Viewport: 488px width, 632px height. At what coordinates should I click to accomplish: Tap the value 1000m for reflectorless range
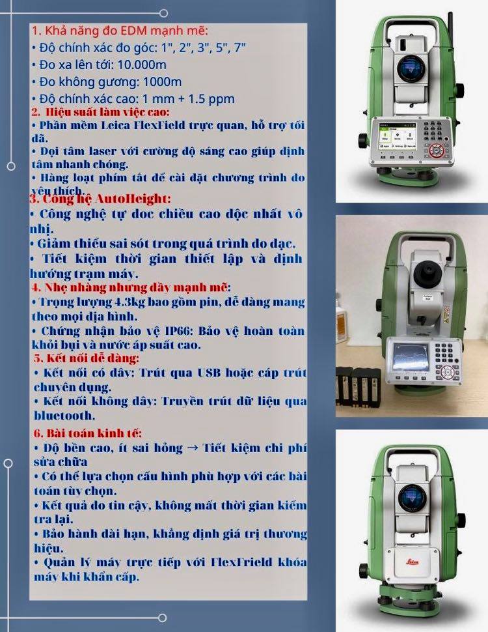pos(162,82)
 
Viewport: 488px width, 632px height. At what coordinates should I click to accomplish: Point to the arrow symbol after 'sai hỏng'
pos(193,448)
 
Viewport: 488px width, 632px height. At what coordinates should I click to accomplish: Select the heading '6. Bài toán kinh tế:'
pos(88,433)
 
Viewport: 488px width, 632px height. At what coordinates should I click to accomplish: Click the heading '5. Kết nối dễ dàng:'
pos(87,358)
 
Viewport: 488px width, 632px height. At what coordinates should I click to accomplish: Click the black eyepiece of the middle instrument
pos(428,273)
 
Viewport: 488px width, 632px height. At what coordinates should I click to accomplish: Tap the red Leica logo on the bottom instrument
pos(411,562)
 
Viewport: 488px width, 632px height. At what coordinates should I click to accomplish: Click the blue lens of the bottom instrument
pos(412,498)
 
